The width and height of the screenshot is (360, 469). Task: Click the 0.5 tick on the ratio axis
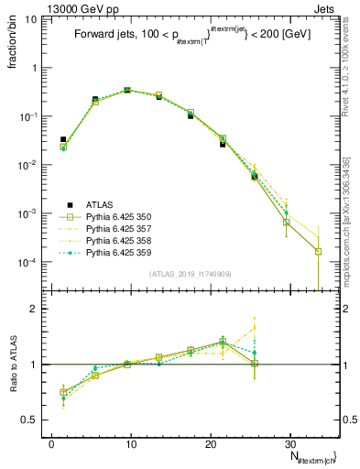tap(35, 420)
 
